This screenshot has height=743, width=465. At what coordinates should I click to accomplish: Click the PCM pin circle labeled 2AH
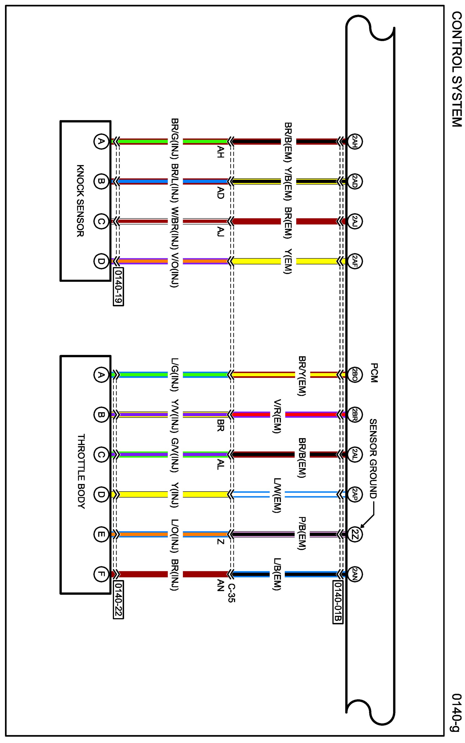click(354, 142)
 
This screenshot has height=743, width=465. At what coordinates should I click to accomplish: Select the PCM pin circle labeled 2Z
click(354, 534)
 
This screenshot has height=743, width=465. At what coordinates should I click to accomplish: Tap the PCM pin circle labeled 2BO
click(354, 375)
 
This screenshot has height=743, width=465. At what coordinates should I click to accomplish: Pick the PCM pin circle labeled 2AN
click(354, 574)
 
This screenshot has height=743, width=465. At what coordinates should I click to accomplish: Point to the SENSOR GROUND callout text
click(373, 459)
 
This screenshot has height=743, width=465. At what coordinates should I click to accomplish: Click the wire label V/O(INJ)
click(174, 270)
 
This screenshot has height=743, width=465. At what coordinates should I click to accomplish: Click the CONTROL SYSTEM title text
click(457, 69)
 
